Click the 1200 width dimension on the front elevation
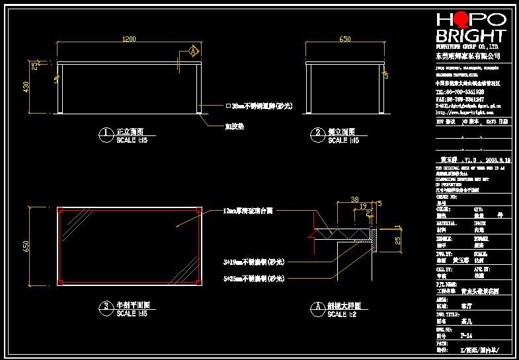point(130,40)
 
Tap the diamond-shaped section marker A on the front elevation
point(194,50)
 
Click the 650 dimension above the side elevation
point(344,40)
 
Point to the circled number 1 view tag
point(104,135)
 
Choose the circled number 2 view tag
point(317,135)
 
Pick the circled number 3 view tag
point(104,307)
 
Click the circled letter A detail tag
point(317,307)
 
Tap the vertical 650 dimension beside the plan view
point(26,246)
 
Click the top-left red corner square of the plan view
point(60,211)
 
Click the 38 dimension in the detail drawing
point(354,199)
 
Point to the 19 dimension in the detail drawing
point(363,206)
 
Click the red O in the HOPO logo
point(462,19)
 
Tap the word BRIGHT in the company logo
point(470,36)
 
